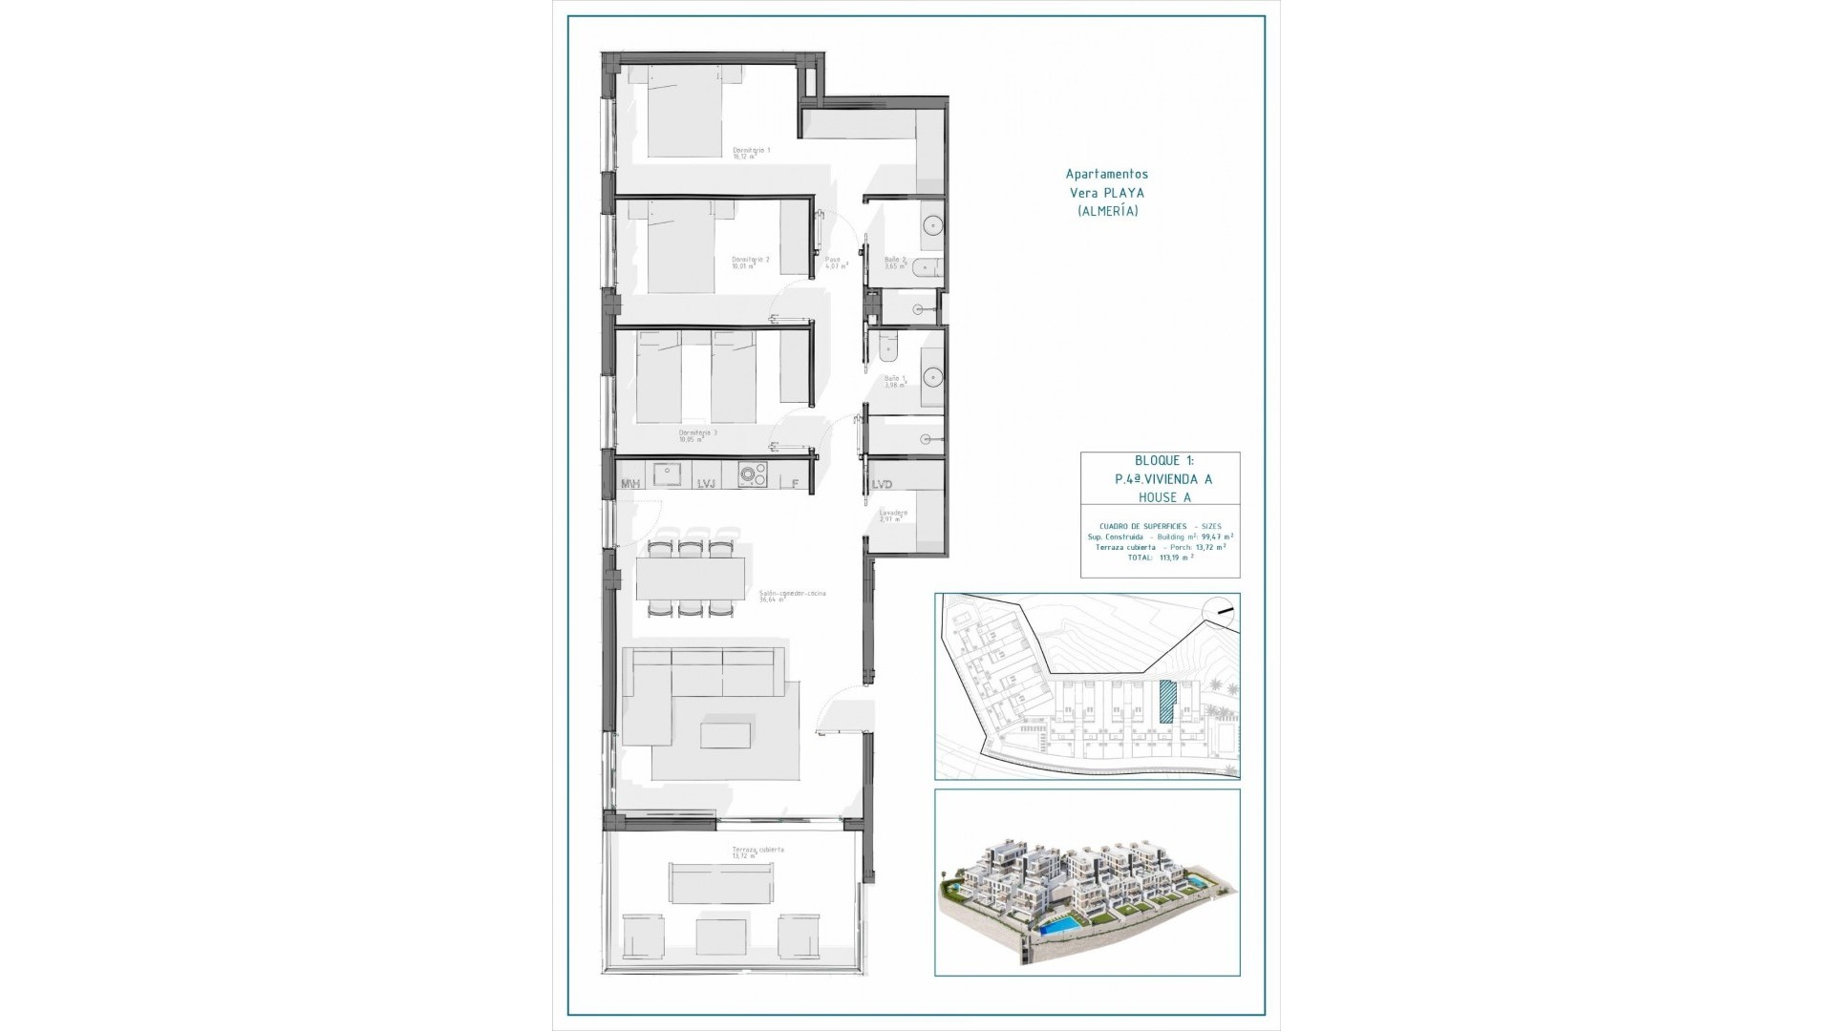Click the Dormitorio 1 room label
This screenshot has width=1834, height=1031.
tap(751, 151)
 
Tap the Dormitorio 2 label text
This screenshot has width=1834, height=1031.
tap(750, 260)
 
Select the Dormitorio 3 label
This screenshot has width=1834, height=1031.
tap(697, 433)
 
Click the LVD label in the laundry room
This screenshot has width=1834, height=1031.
tap(882, 485)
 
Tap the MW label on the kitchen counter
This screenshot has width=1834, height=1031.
tap(630, 485)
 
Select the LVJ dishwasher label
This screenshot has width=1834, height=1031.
tap(706, 485)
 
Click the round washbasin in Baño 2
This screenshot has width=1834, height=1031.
tap(931, 226)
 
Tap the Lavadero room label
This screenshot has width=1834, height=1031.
tap(893, 514)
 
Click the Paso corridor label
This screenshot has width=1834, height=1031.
tap(833, 260)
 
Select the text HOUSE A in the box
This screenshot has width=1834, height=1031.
tap(1164, 497)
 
